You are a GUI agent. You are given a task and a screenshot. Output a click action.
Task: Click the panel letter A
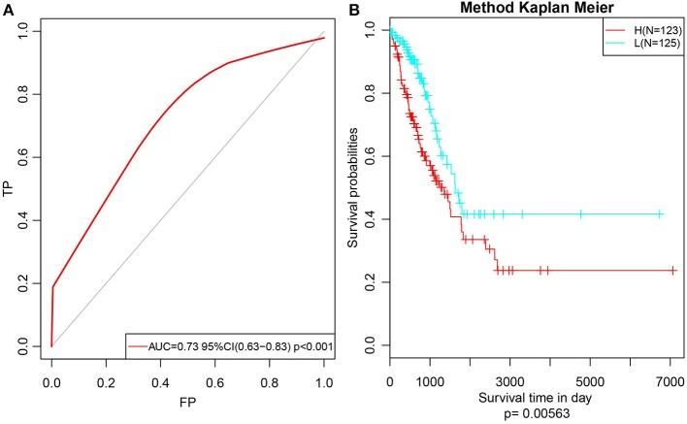pos(7,10)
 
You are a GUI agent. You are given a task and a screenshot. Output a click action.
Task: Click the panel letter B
pos(354,10)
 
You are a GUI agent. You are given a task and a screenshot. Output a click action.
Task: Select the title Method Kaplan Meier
pos(520,9)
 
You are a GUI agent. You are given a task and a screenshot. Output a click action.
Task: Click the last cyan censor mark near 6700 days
pos(660,213)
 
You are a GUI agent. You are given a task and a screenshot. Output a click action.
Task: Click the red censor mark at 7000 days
pos(671,271)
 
